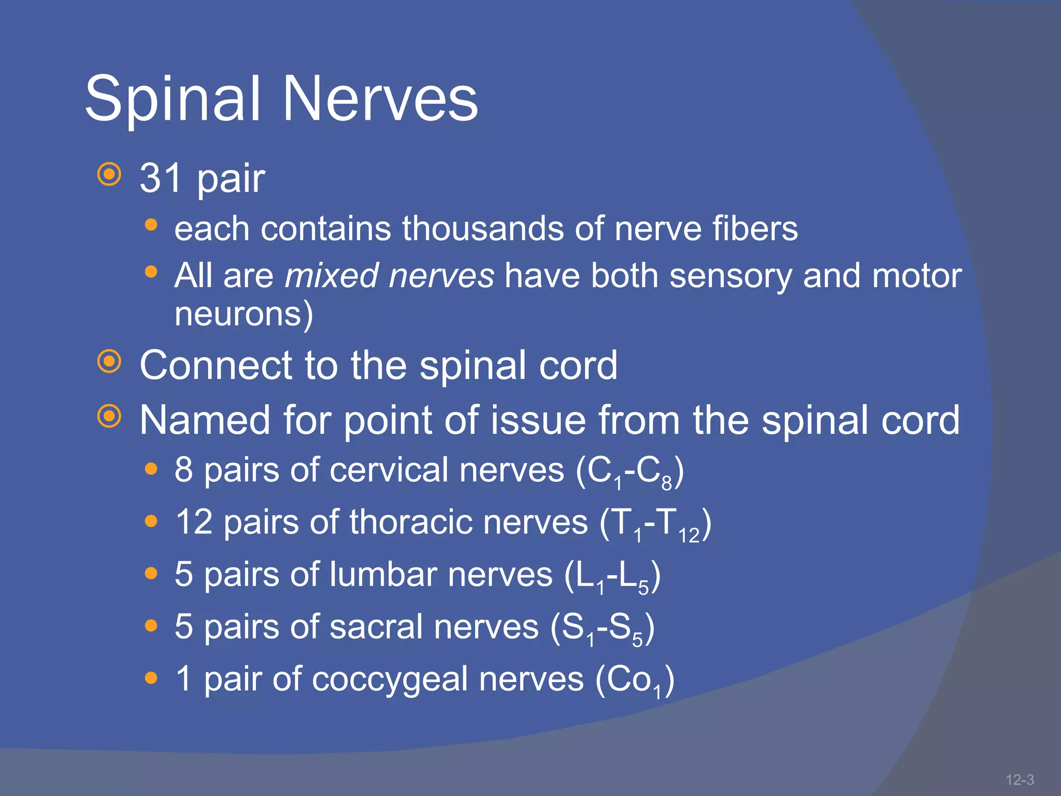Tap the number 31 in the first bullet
pos(161,178)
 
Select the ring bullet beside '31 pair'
pos(109,175)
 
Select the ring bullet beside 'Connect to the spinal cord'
pos(109,362)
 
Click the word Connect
pos(216,365)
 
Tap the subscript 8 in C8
pos(666,484)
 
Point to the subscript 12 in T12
pos(689,536)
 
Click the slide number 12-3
pos(1019,779)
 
